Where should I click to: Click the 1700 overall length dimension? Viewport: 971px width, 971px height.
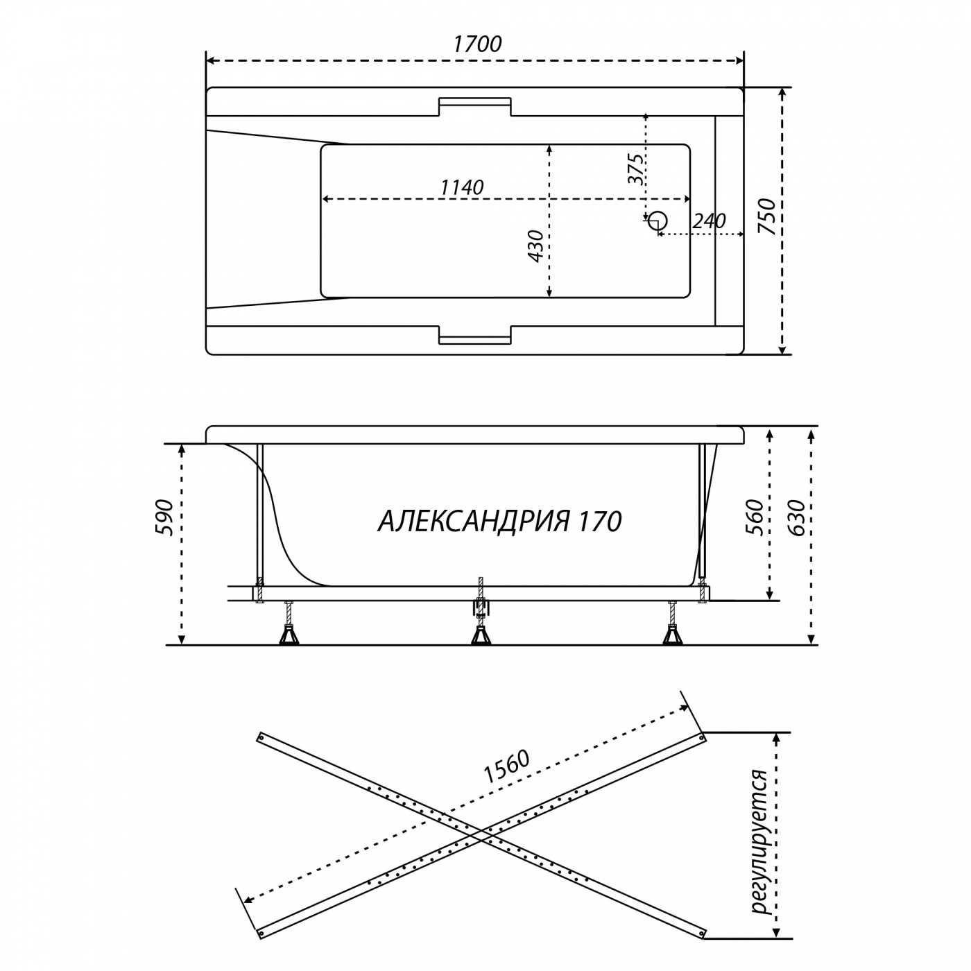[x=477, y=44]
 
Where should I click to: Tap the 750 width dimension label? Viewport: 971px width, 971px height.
[x=767, y=216]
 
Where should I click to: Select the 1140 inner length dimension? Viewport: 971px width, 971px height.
[x=461, y=187]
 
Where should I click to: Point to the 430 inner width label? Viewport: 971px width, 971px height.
[x=535, y=246]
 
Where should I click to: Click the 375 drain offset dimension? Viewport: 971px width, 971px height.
[x=635, y=169]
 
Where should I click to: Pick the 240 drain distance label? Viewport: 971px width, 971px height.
[x=708, y=221]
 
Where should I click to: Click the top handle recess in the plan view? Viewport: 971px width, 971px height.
[x=475, y=106]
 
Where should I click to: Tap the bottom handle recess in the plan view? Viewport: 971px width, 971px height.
[x=475, y=335]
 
